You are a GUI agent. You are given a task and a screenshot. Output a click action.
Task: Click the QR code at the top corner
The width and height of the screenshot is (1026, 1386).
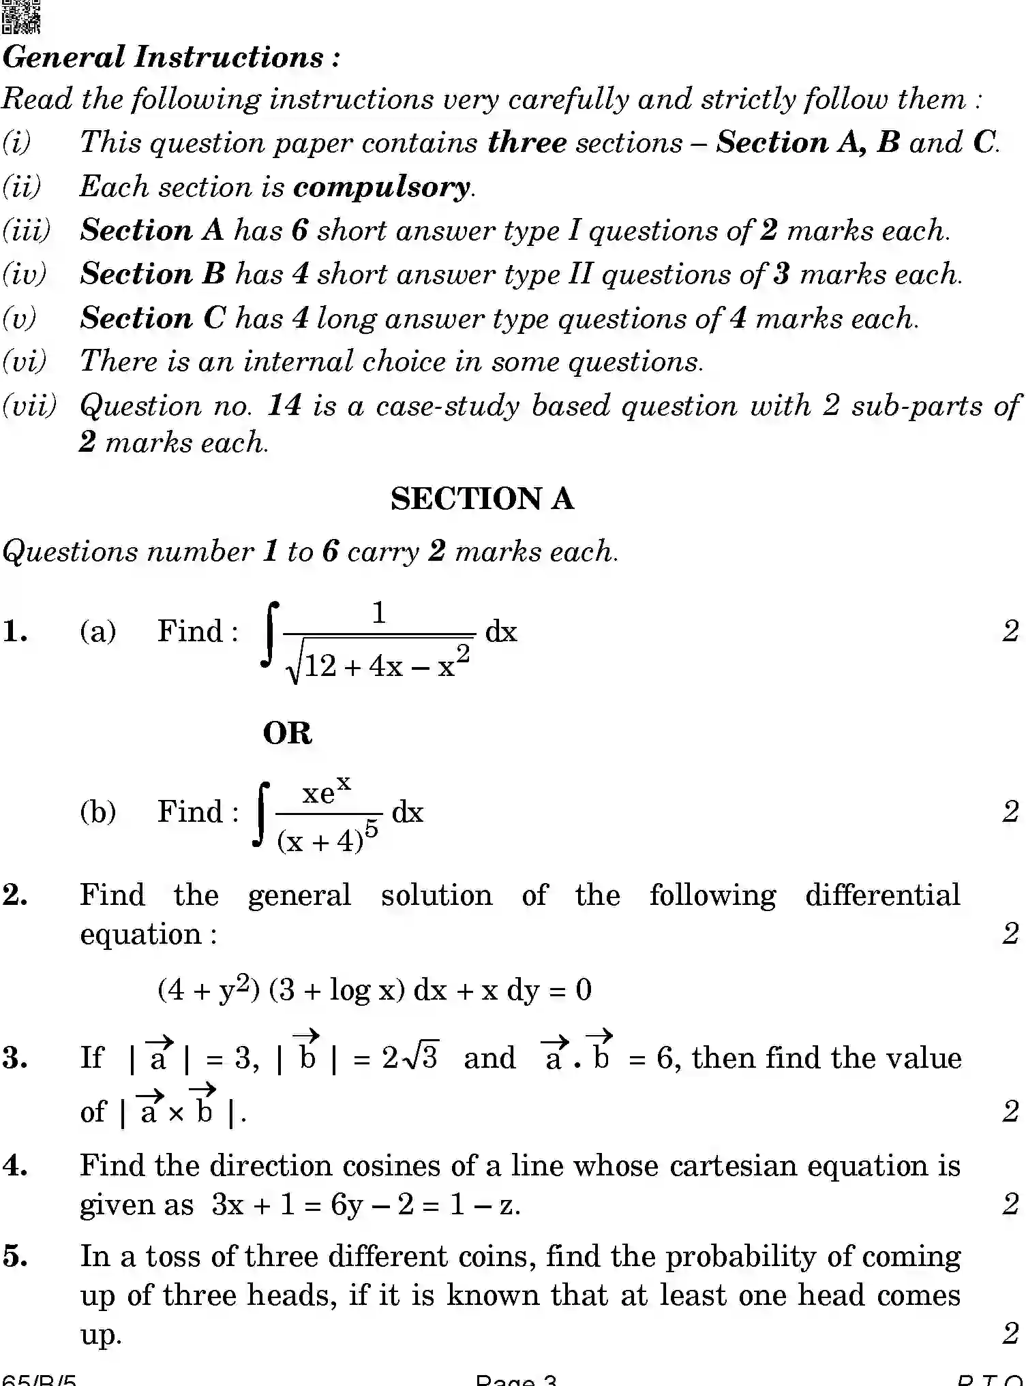pos(20,16)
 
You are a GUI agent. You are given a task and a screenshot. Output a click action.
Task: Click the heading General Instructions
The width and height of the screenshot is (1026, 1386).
pos(170,57)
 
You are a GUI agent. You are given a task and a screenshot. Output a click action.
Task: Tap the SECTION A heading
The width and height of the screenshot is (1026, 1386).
pos(482,499)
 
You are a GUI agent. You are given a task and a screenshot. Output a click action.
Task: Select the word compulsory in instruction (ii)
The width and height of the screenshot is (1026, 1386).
pos(382,187)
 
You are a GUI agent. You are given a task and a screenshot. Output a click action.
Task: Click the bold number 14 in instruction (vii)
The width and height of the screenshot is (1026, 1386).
pos(284,406)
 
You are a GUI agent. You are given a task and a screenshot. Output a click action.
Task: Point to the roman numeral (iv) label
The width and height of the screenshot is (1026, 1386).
pos(25,275)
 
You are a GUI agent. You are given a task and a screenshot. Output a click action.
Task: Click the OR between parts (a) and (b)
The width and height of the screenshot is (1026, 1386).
pos(287,734)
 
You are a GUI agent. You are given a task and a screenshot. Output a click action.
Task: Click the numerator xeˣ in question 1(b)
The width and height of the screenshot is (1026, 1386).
pos(327,792)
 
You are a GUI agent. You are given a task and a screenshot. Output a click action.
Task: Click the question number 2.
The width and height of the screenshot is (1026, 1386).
pos(15,895)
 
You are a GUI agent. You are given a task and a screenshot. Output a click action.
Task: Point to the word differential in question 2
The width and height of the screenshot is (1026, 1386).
pos(882,895)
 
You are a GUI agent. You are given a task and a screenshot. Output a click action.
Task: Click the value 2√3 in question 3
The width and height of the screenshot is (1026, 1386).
pos(410,1058)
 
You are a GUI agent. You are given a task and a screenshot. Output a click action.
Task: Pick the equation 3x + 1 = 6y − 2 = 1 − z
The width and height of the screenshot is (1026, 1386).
pos(365,1205)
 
